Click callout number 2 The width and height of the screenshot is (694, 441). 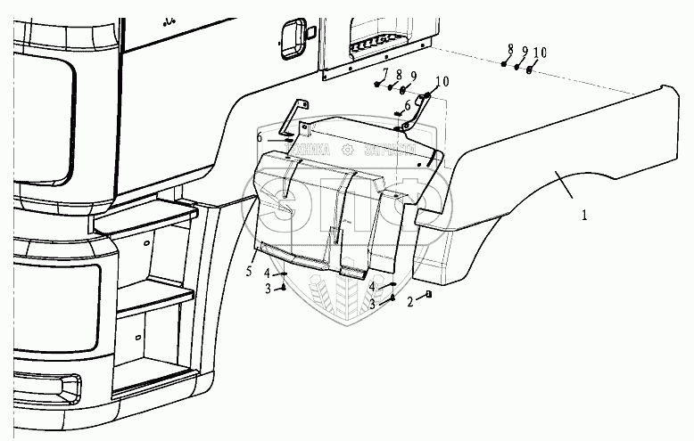409,302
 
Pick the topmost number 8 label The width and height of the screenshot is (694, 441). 511,47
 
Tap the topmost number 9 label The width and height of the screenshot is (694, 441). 525,50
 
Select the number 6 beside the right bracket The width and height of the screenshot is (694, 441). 408,106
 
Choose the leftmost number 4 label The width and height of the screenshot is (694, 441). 267,274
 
